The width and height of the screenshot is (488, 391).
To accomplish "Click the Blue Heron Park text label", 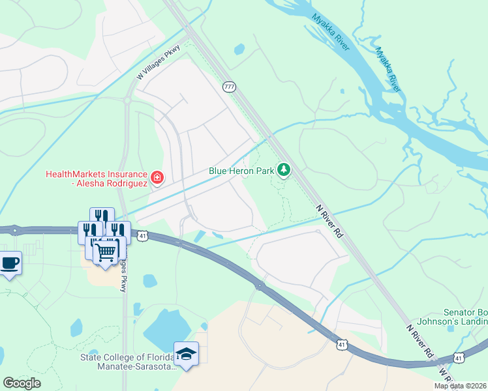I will point(240,171).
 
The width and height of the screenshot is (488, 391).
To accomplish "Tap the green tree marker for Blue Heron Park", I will point(283,170).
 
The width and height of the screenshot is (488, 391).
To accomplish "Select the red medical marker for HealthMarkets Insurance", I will point(157,177).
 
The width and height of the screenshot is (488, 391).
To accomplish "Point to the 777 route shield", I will point(229,87).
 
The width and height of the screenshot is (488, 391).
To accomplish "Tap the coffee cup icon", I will point(9,263).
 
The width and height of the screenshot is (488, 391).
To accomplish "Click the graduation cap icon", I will point(187,354).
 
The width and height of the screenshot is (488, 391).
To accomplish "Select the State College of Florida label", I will point(128,362).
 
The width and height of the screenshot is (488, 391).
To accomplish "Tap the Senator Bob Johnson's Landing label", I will point(465,317).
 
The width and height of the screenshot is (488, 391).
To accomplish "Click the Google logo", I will point(22,383).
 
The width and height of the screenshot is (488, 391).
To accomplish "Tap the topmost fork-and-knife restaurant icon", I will point(102,216).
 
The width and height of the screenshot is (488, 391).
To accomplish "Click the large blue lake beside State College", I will point(168,329).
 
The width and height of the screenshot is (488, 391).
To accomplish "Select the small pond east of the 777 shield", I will point(239,49).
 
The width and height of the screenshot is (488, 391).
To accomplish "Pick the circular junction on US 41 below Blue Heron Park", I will point(259,285).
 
